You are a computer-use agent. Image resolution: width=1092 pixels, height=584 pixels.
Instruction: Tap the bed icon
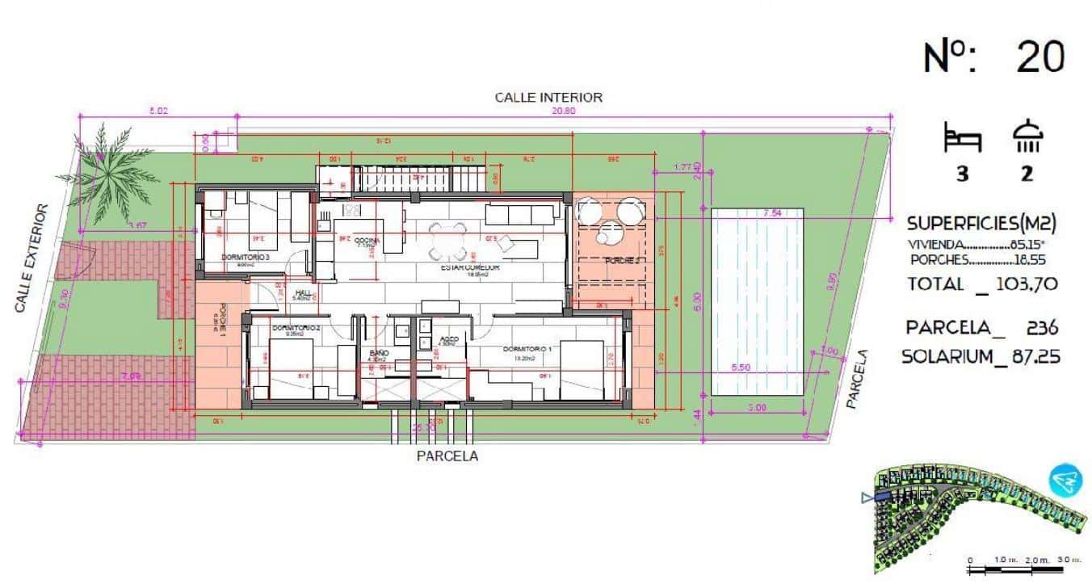962,138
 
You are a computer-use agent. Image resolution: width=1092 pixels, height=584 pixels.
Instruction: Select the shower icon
1027,137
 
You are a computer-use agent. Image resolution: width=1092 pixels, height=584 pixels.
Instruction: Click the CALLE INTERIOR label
548,97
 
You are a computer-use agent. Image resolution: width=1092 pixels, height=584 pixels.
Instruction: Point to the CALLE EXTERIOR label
31,258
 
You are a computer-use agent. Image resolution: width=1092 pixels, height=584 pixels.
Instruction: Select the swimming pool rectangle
757,301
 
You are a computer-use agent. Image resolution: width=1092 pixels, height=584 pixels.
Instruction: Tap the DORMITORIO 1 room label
527,349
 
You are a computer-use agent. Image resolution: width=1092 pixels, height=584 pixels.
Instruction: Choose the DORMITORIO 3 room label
245,257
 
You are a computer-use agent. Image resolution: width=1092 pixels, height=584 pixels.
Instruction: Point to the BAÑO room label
379,354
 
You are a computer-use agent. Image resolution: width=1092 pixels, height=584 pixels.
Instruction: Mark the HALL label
304,292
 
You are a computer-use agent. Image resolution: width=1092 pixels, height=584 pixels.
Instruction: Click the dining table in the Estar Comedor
448,240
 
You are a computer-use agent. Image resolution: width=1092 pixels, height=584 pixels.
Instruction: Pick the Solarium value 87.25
1027,356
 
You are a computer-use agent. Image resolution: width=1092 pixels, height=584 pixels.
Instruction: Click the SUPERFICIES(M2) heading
981,223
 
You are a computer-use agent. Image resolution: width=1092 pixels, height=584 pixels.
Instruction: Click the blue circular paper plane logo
1065,481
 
